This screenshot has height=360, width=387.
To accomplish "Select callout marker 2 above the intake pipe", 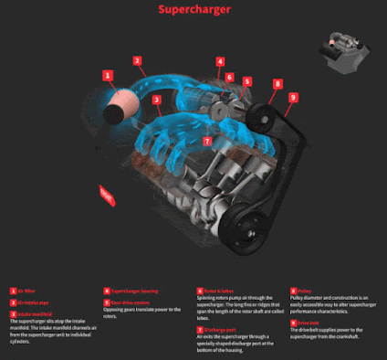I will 137,61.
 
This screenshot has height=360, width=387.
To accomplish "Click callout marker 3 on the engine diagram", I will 156,100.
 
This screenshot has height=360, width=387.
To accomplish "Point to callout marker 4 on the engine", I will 220,62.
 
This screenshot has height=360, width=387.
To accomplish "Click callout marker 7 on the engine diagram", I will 207,142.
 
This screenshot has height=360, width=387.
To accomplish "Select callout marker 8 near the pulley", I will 277,84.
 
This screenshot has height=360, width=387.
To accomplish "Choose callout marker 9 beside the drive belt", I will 293,97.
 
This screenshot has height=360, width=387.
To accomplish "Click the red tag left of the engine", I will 107,195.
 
